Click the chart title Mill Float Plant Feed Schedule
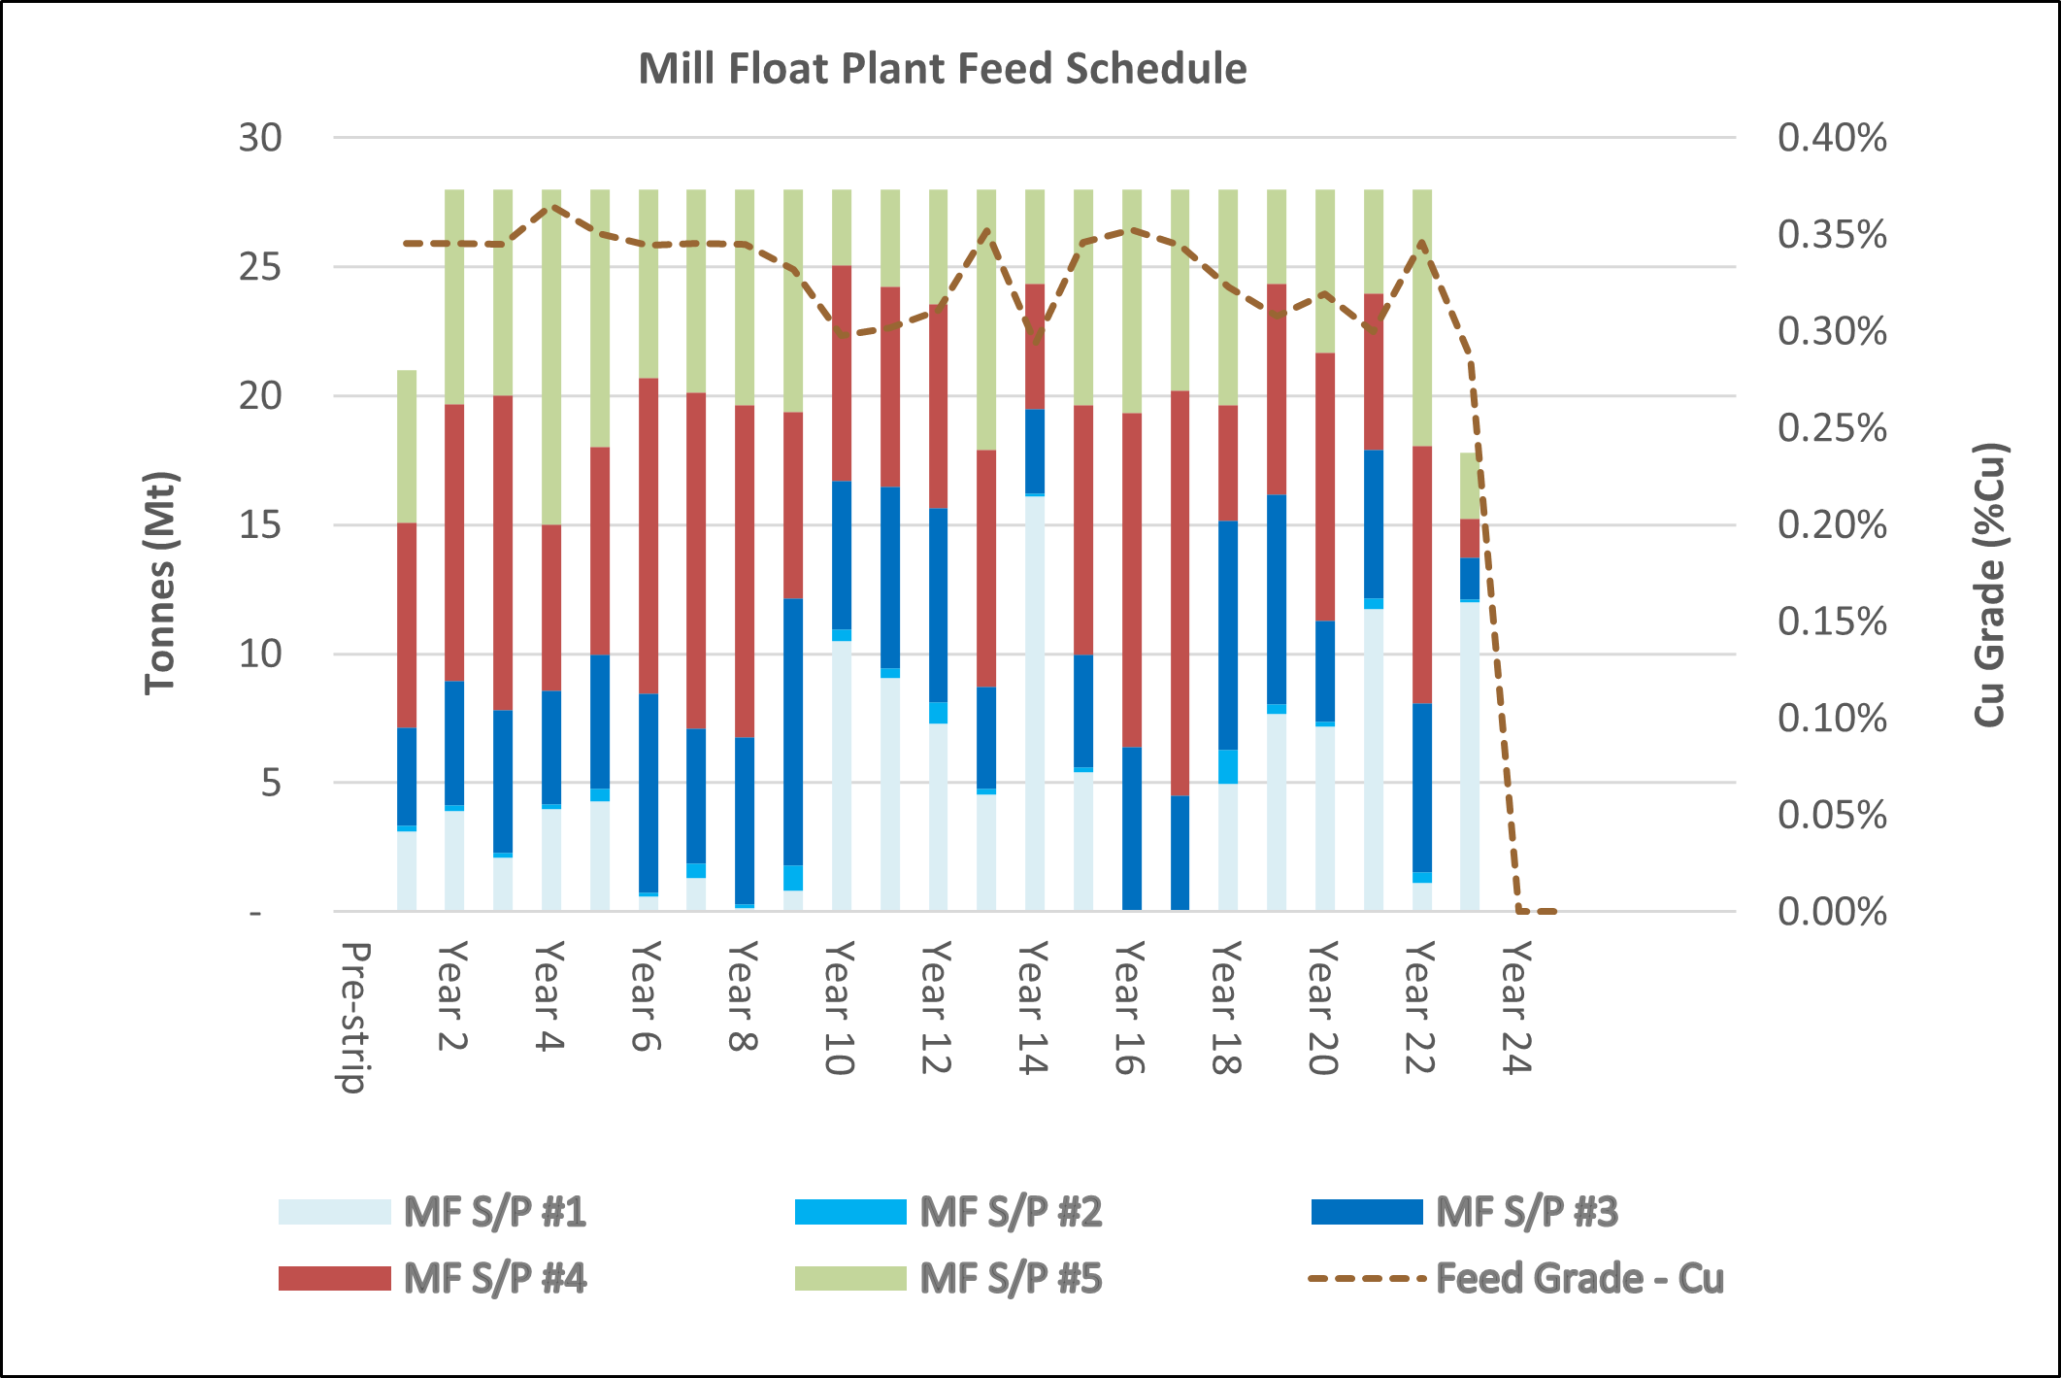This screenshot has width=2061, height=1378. (x=942, y=69)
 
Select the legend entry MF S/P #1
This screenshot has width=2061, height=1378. (x=494, y=1212)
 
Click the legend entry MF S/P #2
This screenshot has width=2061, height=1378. (x=1011, y=1212)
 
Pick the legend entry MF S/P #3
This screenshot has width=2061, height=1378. (x=1526, y=1212)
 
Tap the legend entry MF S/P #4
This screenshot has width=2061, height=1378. (x=494, y=1279)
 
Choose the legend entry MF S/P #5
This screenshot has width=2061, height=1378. (x=1011, y=1279)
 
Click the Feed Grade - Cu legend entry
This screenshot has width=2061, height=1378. (x=1579, y=1279)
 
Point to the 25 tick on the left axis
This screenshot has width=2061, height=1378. (x=260, y=267)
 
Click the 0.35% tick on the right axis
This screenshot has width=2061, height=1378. (x=1832, y=235)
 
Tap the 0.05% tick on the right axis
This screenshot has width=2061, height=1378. (x=1832, y=815)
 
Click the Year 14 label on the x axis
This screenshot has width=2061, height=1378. (x=1033, y=1007)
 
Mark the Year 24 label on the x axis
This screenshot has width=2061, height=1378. (x=1516, y=1007)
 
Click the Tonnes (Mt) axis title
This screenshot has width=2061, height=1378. (x=161, y=583)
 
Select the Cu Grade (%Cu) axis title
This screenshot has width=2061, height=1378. (x=1990, y=584)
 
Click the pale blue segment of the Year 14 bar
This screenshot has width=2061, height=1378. (x=1035, y=699)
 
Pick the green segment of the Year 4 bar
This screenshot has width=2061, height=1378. (x=551, y=359)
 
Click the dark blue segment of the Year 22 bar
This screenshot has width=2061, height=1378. (x=1422, y=787)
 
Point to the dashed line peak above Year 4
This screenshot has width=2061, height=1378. (x=552, y=206)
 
